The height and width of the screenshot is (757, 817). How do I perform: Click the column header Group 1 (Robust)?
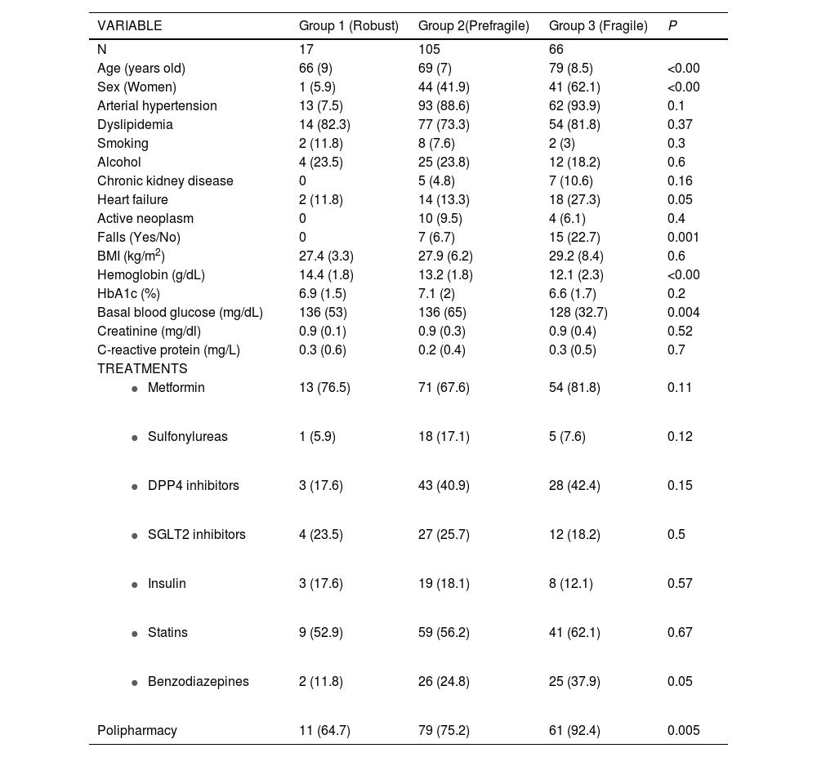click(348, 26)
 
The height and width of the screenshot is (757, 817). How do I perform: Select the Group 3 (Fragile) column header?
click(598, 26)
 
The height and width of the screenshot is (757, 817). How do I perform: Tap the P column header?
click(672, 26)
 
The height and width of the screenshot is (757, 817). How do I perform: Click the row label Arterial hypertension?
click(157, 106)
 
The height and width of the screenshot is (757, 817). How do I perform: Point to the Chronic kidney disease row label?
click(165, 181)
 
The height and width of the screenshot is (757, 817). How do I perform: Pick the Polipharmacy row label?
click(137, 731)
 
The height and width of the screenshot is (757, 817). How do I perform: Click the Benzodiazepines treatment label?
click(198, 682)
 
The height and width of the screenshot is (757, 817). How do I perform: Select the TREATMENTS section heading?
click(142, 369)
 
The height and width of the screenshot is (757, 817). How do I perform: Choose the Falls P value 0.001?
click(683, 238)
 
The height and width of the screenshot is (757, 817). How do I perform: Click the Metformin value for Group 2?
click(444, 388)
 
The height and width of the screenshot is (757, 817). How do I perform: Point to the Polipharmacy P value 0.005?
click(683, 731)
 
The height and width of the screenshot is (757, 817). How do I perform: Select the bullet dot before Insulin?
click(135, 585)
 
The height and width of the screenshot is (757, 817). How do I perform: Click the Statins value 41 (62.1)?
click(574, 633)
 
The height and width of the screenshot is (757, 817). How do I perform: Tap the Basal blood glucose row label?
click(180, 313)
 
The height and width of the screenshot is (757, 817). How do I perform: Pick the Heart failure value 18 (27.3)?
click(574, 200)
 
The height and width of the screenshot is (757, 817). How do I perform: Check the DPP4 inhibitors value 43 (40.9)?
click(444, 486)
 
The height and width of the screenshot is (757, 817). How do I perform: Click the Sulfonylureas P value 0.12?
click(680, 437)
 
